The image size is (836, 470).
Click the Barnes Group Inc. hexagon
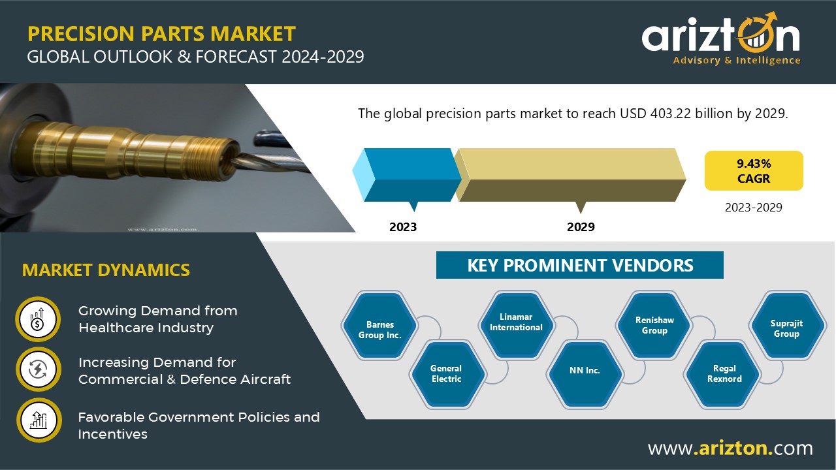[x=380, y=325]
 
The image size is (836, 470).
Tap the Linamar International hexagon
[x=517, y=325]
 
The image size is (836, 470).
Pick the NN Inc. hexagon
[x=585, y=374]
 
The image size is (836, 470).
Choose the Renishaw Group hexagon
[x=654, y=325]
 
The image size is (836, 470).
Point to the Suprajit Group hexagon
[x=787, y=325]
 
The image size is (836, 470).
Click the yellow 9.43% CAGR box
[x=754, y=171]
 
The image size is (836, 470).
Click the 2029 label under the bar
[x=581, y=227]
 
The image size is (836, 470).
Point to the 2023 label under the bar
[x=403, y=227]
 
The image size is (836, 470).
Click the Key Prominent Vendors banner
[x=579, y=265]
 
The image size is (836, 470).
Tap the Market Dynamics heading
[x=106, y=270]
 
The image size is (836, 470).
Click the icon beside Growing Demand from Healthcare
[x=38, y=319]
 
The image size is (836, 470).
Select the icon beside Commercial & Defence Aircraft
[x=39, y=369]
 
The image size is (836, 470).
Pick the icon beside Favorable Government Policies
[x=39, y=420]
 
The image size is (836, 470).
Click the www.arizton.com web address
[x=730, y=448]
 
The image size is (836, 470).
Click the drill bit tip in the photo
[x=234, y=161]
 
